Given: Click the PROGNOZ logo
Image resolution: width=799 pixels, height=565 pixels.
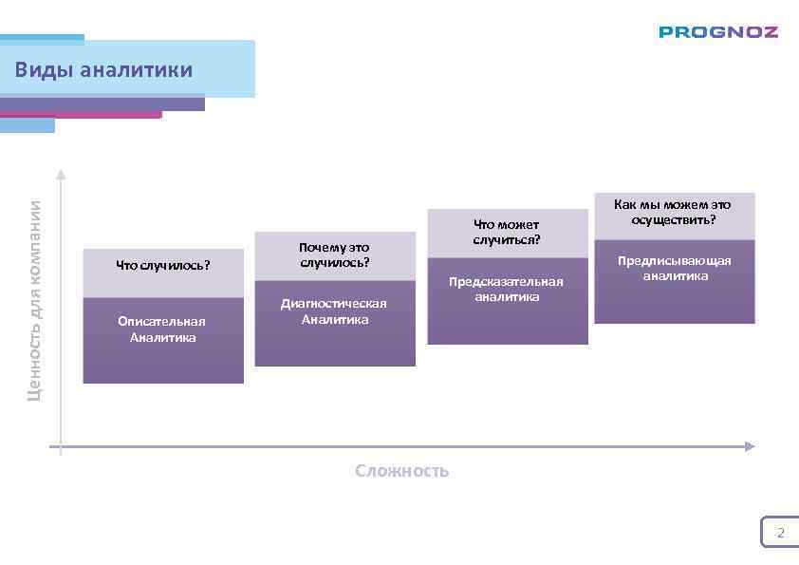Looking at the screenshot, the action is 718,32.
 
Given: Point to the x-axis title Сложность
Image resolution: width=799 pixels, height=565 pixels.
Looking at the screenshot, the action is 402,471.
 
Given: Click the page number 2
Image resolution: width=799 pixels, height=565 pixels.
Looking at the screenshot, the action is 781,533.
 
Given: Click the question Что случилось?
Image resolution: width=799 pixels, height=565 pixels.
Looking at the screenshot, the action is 163,265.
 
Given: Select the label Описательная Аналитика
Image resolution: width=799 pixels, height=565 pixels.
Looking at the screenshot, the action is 162,330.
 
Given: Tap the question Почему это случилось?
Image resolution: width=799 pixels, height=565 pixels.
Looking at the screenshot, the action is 334,254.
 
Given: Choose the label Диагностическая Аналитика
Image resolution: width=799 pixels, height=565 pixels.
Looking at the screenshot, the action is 334,311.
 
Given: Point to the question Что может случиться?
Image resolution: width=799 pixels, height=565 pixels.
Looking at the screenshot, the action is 507,232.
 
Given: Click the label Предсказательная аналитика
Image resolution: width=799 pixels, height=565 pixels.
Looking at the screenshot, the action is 506,289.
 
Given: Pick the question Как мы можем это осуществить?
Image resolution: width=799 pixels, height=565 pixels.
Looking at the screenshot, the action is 673,212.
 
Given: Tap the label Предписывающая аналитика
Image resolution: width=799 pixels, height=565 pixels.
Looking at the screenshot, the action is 675,268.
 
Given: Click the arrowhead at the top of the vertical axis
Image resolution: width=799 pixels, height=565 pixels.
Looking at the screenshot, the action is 61,174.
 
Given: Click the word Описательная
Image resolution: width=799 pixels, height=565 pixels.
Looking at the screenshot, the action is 162,321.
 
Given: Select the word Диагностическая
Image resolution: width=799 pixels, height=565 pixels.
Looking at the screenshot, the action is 334,304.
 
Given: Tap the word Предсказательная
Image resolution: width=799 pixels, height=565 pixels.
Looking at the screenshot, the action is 506,281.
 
